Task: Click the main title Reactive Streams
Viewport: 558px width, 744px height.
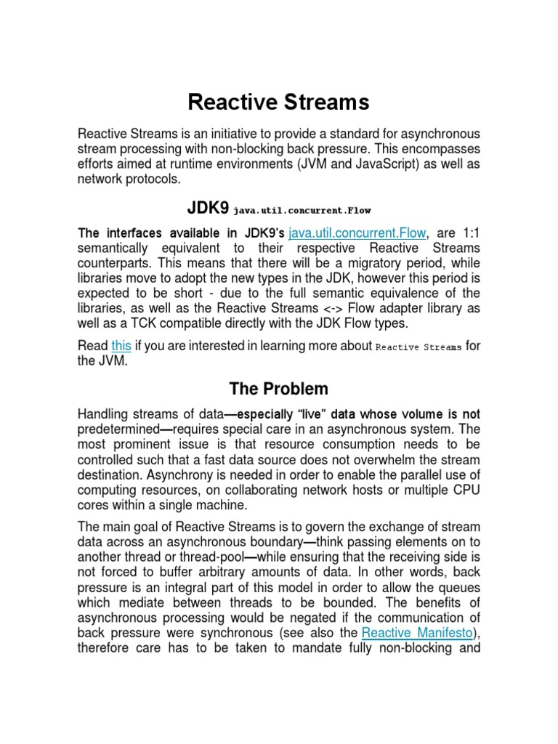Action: pyautogui.click(x=278, y=102)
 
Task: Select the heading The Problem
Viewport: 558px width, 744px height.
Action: pyautogui.click(x=278, y=388)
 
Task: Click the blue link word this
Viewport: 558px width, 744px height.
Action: pyautogui.click(x=121, y=346)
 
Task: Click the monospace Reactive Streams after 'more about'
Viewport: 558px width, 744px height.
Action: pyautogui.click(x=418, y=347)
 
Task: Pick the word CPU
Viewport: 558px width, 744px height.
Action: pyautogui.click(x=465, y=490)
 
